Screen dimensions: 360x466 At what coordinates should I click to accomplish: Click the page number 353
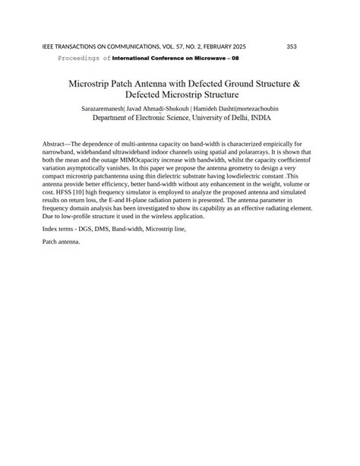(292, 46)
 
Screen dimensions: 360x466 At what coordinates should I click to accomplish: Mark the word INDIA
(258, 119)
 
